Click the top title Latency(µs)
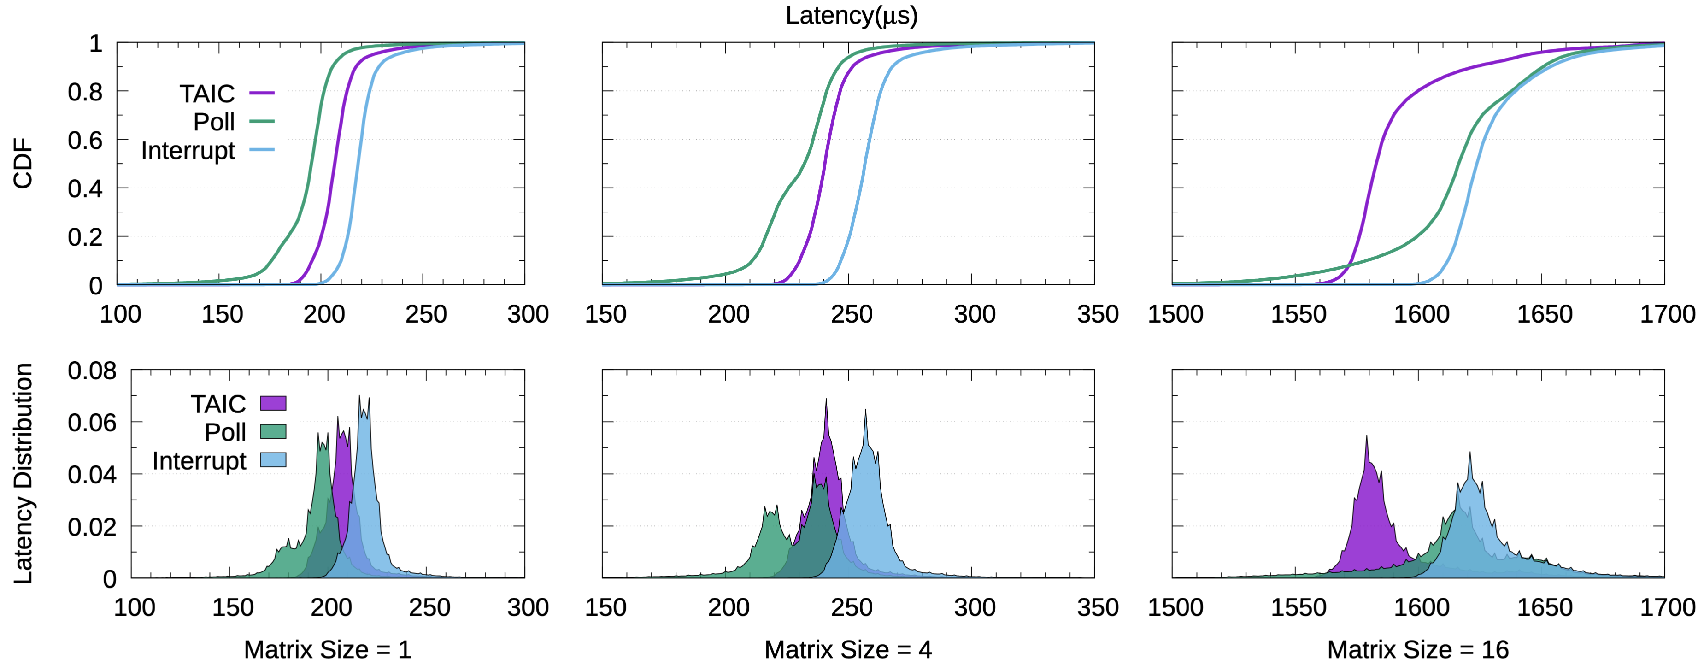pos(852,16)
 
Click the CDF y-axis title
pos(23,164)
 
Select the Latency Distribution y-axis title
pos(23,473)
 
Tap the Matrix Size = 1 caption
pos(328,650)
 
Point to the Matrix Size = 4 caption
pos(848,650)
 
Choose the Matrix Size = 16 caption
pos(1417,650)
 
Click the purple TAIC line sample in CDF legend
pos(262,93)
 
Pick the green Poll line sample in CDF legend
pos(262,122)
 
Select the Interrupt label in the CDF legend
pos(188,151)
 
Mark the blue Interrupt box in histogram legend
pos(272,460)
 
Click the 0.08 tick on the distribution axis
pos(92,371)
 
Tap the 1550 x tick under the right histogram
pos(1298,607)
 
